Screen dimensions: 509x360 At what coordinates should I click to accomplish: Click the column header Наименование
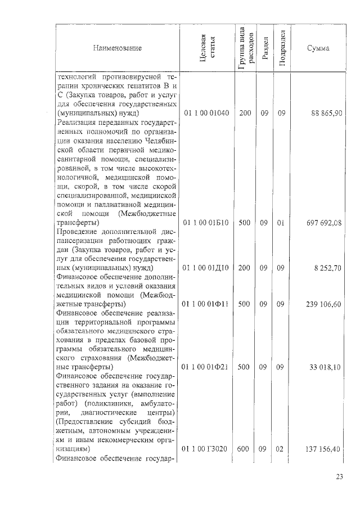tap(118, 48)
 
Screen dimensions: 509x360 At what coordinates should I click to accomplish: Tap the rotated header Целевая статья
tap(207, 48)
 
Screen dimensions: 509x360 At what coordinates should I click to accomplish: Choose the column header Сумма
tap(318, 48)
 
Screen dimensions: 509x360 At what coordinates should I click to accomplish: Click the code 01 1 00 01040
tap(206, 113)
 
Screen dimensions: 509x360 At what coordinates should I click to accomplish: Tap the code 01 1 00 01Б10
tap(206, 223)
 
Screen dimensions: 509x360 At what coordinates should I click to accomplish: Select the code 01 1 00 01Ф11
tap(206, 304)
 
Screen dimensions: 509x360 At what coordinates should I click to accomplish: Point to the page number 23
tap(339, 477)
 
